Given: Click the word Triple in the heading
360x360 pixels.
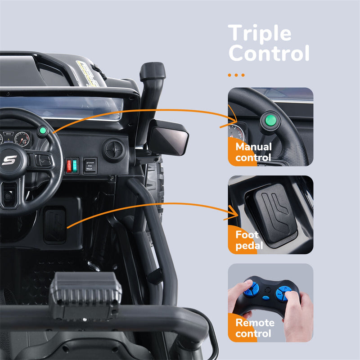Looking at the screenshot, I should pos(260,33).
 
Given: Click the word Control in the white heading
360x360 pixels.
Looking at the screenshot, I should pos(269,53).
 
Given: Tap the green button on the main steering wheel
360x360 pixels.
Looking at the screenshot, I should pos(43,131).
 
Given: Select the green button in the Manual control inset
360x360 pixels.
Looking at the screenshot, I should pos(270,120).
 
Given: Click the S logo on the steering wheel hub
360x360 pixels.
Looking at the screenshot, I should pos(9,160).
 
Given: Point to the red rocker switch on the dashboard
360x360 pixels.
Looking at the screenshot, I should pos(69,166).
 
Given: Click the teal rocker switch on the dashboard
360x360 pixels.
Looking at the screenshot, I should pos(75,165).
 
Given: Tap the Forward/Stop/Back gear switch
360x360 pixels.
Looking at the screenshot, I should pos(90,166).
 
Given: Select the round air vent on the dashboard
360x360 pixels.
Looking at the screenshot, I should pos(114,149).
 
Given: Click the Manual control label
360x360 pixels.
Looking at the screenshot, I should pos(253,152).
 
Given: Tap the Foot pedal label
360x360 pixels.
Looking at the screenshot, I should pos(247,240).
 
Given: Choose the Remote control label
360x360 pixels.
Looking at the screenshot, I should pos(254,328).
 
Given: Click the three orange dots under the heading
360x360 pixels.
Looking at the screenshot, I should pos(236,75).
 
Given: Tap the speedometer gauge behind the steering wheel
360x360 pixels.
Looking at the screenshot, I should pos(22,139).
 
